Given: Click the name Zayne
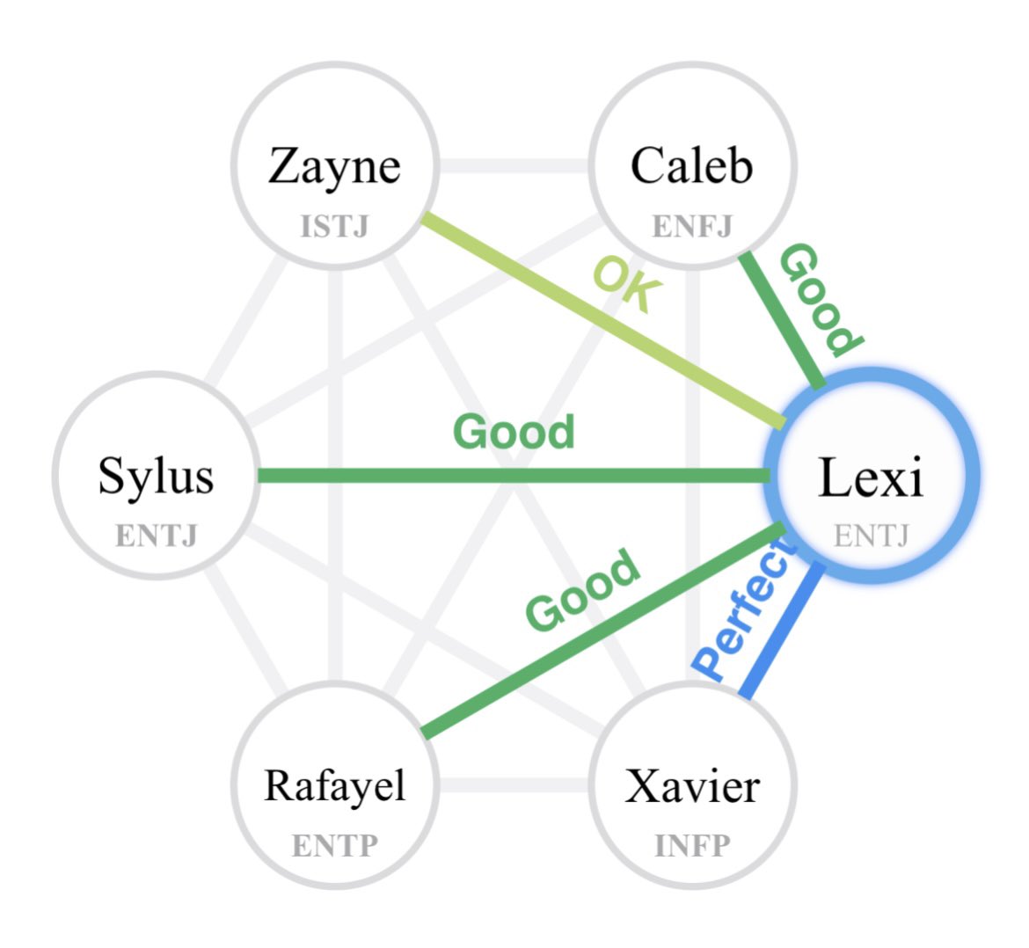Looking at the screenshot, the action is point(335,167).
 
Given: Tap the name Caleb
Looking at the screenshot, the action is point(691,165).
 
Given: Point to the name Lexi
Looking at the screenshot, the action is point(871,477).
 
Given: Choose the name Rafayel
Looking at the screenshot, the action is point(335,787).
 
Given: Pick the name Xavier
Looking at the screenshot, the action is point(692,786).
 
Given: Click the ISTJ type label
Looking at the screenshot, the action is point(335,226).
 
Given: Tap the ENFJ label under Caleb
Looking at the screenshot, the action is point(691,226).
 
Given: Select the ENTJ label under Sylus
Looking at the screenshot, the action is point(157,536).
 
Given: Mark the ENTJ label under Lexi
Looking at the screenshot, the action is point(872,536).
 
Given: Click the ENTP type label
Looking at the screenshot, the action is point(335,846).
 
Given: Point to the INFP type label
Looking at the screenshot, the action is point(692,846).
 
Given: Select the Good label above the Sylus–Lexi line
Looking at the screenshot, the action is point(514,432).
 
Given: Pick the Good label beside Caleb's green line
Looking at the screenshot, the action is point(821,300).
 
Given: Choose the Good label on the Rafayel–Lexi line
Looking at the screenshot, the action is point(582,588).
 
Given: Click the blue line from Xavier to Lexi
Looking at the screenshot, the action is point(782,630).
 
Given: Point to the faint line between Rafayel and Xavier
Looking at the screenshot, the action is point(514,784).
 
